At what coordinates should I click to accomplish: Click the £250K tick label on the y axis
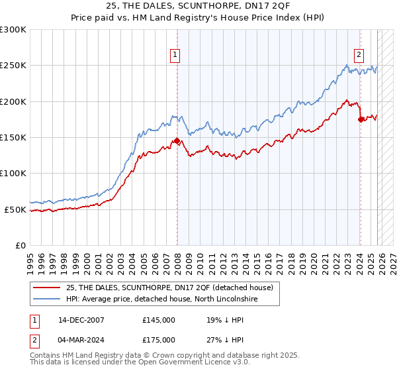pyautogui.click(x=13, y=66)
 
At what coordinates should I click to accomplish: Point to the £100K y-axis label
pyautogui.click(x=13, y=174)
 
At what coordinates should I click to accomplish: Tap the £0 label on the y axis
pyautogui.click(x=20, y=245)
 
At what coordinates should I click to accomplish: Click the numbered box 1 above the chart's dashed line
pyautogui.click(x=176, y=56)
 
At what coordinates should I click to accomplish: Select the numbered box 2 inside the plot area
pyautogui.click(x=359, y=56)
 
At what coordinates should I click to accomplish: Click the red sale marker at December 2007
pyautogui.click(x=177, y=141)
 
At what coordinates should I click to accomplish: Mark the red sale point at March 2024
pyautogui.click(x=360, y=119)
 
